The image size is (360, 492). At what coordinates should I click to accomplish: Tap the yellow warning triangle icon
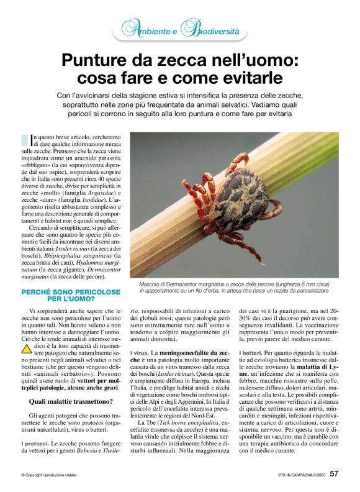point(25,348)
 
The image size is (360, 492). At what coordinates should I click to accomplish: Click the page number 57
point(334,474)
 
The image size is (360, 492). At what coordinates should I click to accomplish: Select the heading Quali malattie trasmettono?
point(62,402)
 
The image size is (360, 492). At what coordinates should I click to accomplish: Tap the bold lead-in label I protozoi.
point(35,444)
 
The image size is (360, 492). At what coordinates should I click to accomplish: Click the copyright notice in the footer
point(52,475)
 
